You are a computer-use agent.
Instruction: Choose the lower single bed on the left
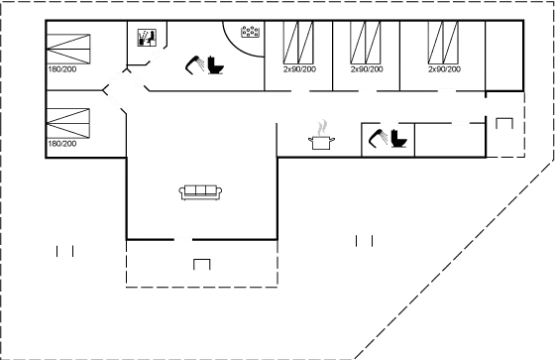coord(68,124)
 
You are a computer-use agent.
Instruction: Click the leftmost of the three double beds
coord(298,45)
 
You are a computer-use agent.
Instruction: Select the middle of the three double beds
coord(365,45)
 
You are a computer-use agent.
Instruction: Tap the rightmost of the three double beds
coord(442,45)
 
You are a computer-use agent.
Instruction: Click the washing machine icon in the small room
coord(149,39)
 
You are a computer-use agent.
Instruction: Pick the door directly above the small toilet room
coord(388,122)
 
